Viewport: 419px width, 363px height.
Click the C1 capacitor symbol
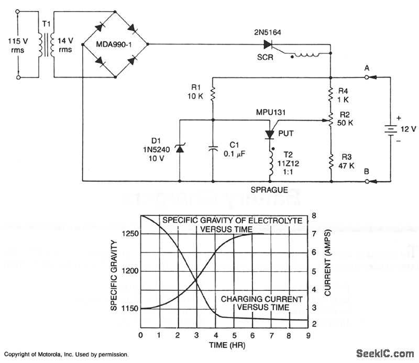(212, 149)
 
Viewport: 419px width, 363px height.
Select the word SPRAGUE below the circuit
(270, 189)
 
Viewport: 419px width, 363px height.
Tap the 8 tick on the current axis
(314, 215)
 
